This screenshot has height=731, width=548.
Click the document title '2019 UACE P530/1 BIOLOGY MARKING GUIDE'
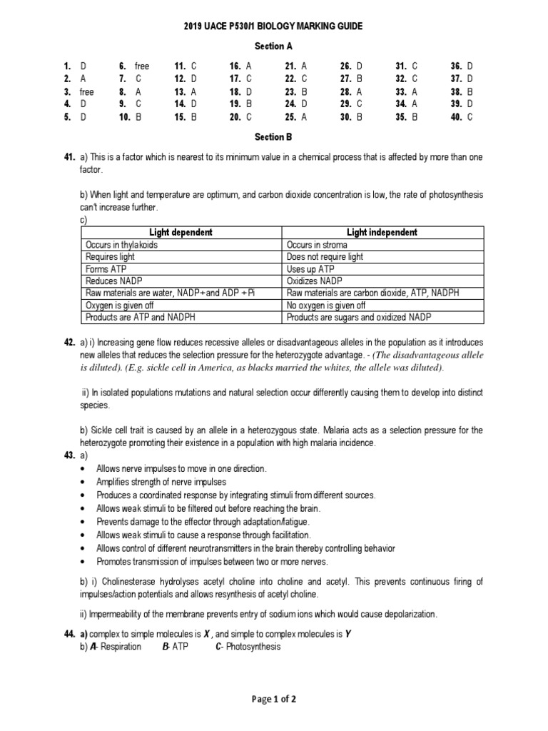(x=274, y=26)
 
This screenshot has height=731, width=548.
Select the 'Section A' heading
(x=274, y=46)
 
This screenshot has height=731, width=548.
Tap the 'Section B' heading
(x=274, y=136)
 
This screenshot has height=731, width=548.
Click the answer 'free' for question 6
(x=142, y=66)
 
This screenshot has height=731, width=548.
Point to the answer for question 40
(x=470, y=118)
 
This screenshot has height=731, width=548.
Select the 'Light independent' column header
(x=382, y=233)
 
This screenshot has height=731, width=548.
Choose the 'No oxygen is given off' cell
(x=330, y=306)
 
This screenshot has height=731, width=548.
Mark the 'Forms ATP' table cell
(x=107, y=269)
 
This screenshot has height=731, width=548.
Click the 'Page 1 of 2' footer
(x=274, y=699)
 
